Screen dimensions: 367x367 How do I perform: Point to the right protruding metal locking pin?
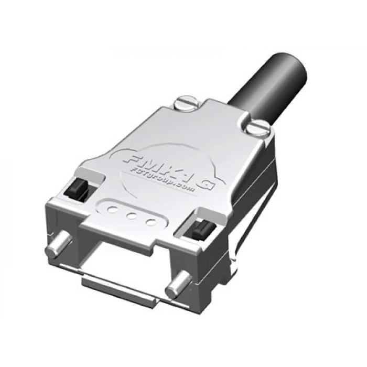(177, 286)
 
